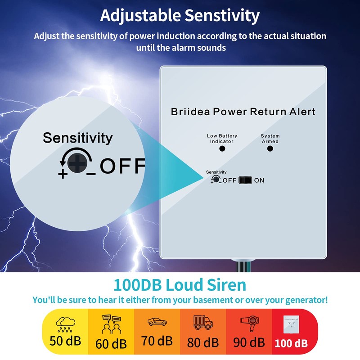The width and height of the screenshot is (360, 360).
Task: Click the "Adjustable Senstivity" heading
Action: [180, 16]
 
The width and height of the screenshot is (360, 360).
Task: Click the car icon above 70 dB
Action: [157, 322]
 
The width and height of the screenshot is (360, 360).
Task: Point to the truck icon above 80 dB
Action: [202, 322]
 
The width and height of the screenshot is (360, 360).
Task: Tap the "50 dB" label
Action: [66, 341]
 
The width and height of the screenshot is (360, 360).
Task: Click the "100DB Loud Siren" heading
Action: [180, 285]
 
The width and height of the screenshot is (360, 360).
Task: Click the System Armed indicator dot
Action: [270, 148]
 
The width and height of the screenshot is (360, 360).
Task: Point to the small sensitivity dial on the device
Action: [216, 179]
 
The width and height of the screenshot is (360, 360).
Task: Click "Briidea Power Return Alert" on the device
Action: [243, 112]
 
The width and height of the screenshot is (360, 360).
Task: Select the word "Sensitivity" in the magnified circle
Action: [77, 138]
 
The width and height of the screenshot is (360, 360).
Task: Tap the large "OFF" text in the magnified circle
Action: [122, 166]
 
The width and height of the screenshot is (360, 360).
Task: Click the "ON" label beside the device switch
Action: [259, 180]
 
